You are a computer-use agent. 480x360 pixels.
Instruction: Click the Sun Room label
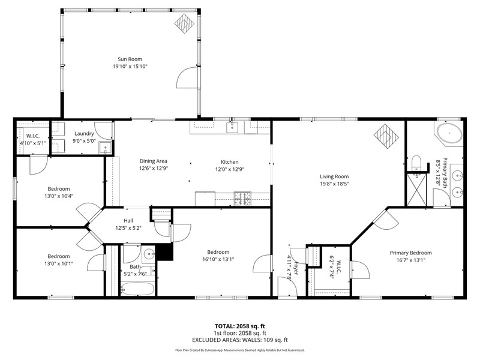[x=130, y=59]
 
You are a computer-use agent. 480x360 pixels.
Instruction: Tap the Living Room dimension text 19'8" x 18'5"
[x=334, y=184]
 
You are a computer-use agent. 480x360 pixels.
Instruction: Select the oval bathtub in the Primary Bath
[x=449, y=133]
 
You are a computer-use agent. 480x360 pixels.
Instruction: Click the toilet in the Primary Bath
[x=416, y=162]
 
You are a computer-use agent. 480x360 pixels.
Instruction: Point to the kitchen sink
[x=232, y=127]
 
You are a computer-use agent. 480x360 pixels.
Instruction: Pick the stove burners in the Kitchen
[x=242, y=199]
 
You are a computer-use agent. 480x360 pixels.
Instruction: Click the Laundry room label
[x=84, y=133]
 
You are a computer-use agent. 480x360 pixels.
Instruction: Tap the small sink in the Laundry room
[x=106, y=148]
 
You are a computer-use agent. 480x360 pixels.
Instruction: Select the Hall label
[x=128, y=220]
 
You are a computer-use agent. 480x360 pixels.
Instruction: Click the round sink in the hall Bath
[x=149, y=254]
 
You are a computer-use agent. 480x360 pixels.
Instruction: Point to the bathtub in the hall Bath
[x=138, y=289]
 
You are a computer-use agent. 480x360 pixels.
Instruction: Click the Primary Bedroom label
[x=410, y=253]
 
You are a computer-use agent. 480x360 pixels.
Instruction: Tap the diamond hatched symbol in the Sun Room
[x=185, y=23]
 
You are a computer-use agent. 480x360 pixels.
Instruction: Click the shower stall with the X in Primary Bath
[x=416, y=190]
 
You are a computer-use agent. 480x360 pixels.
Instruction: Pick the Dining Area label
[x=154, y=161]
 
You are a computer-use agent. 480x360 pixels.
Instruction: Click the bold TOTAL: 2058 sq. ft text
[x=239, y=326]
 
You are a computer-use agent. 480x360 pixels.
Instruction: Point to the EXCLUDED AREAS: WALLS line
[x=240, y=340]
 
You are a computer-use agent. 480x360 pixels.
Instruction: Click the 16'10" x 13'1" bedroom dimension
[x=218, y=259]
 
